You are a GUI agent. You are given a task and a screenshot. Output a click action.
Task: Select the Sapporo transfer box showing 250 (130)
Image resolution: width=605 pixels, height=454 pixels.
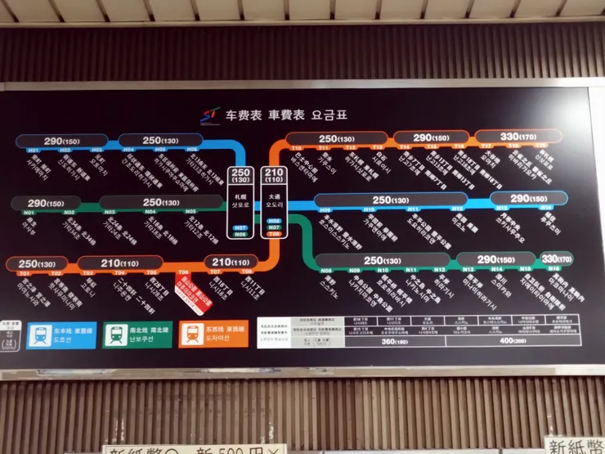[240, 176]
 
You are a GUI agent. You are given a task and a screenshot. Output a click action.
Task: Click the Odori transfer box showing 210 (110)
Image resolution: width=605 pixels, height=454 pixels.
[275, 176]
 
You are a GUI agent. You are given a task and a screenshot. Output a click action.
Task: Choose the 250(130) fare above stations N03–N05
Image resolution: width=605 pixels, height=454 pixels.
[161, 203]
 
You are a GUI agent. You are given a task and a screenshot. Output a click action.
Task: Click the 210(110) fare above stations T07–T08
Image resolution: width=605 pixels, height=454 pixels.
[229, 263]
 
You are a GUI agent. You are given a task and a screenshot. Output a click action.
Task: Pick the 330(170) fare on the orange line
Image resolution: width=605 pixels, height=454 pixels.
[518, 137]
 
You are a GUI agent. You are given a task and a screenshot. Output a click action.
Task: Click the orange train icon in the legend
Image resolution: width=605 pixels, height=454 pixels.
[192, 334]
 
